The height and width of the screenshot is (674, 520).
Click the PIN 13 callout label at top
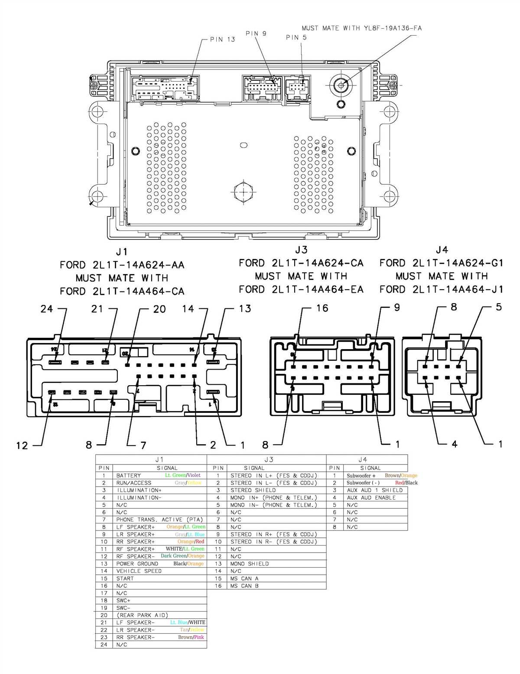[222, 39]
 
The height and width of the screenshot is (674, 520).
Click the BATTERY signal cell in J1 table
[128, 476]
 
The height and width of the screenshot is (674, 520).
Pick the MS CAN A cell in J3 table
[244, 579]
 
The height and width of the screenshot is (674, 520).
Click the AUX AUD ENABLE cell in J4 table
[371, 498]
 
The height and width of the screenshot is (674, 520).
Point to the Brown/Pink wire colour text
[191, 637]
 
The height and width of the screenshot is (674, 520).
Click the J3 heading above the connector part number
[301, 250]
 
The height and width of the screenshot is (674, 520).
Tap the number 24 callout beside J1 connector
[47, 309]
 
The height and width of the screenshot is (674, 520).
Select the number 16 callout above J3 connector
[322, 308]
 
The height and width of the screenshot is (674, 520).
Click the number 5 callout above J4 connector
[499, 307]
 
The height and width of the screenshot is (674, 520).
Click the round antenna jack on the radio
[341, 85]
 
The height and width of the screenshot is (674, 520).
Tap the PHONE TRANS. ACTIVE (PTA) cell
[159, 520]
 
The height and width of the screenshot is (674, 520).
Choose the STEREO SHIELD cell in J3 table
[253, 491]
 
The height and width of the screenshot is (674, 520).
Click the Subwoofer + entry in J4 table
[361, 476]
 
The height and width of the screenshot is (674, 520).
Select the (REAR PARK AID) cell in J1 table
[142, 615]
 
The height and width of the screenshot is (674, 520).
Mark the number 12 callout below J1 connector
[22, 445]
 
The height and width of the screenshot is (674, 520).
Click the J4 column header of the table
[363, 459]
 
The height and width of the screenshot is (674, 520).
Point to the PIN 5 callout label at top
[296, 37]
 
